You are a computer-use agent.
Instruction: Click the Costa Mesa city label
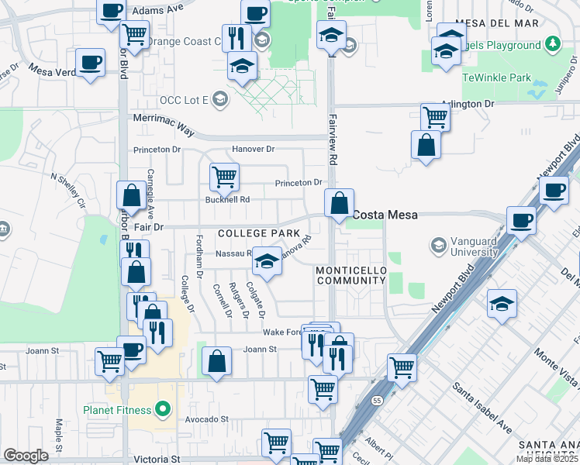click(x=386, y=215)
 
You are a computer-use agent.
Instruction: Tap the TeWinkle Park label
click(x=496, y=77)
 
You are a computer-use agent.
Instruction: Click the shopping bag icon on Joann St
click(x=216, y=360)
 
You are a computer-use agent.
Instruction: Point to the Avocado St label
click(x=208, y=419)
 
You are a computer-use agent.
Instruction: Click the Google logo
click(x=26, y=456)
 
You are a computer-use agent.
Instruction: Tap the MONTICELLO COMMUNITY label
click(x=350, y=274)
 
